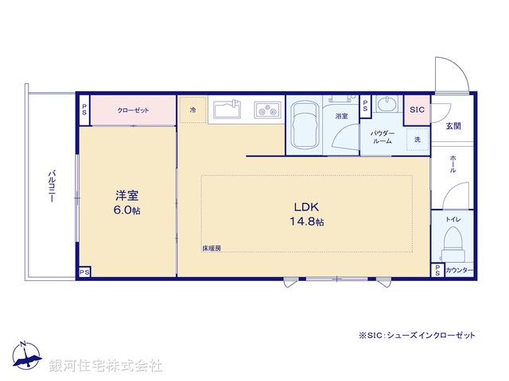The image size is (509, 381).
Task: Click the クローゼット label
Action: point(133,110)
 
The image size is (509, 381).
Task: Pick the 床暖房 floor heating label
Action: point(212,249)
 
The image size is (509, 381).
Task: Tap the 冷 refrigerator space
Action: point(192,110)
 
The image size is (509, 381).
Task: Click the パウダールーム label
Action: point(383,137)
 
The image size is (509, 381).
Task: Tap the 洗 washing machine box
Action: point(417,139)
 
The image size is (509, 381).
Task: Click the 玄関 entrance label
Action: point(453,125)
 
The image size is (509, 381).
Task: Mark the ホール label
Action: point(453,164)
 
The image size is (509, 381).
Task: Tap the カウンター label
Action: point(460,271)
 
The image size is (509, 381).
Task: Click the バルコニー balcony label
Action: point(51,186)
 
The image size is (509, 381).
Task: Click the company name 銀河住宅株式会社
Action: point(106,366)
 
